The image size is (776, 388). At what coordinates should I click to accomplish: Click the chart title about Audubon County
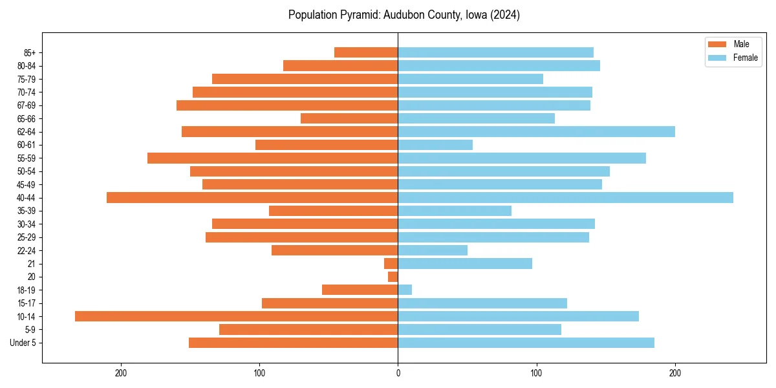click(x=404, y=15)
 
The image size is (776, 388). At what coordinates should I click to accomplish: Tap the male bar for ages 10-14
click(x=236, y=316)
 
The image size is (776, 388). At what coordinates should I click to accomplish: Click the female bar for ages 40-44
click(x=565, y=197)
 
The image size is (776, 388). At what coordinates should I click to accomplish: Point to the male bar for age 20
click(x=393, y=277)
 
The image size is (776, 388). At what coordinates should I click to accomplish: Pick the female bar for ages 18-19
click(x=405, y=290)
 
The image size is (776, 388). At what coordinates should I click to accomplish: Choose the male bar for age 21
click(x=391, y=263)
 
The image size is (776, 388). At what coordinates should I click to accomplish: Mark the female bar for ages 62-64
click(x=536, y=131)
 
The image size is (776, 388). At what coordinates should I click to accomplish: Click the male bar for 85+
click(x=366, y=52)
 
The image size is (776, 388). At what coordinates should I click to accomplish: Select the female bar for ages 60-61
click(x=435, y=145)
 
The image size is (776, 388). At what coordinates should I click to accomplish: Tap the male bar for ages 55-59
click(x=272, y=158)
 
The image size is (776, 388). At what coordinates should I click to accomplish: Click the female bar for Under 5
click(x=526, y=343)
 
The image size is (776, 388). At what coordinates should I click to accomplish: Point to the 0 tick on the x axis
click(x=398, y=372)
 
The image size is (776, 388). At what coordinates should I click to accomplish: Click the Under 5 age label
click(x=23, y=343)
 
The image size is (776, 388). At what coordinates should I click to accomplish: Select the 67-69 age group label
click(x=27, y=105)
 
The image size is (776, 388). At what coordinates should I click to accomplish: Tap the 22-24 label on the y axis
click(x=27, y=250)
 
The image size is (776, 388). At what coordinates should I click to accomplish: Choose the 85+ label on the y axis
click(x=30, y=52)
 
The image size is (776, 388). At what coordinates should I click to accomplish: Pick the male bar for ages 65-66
click(x=349, y=118)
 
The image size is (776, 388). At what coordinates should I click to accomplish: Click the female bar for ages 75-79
click(x=470, y=79)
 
